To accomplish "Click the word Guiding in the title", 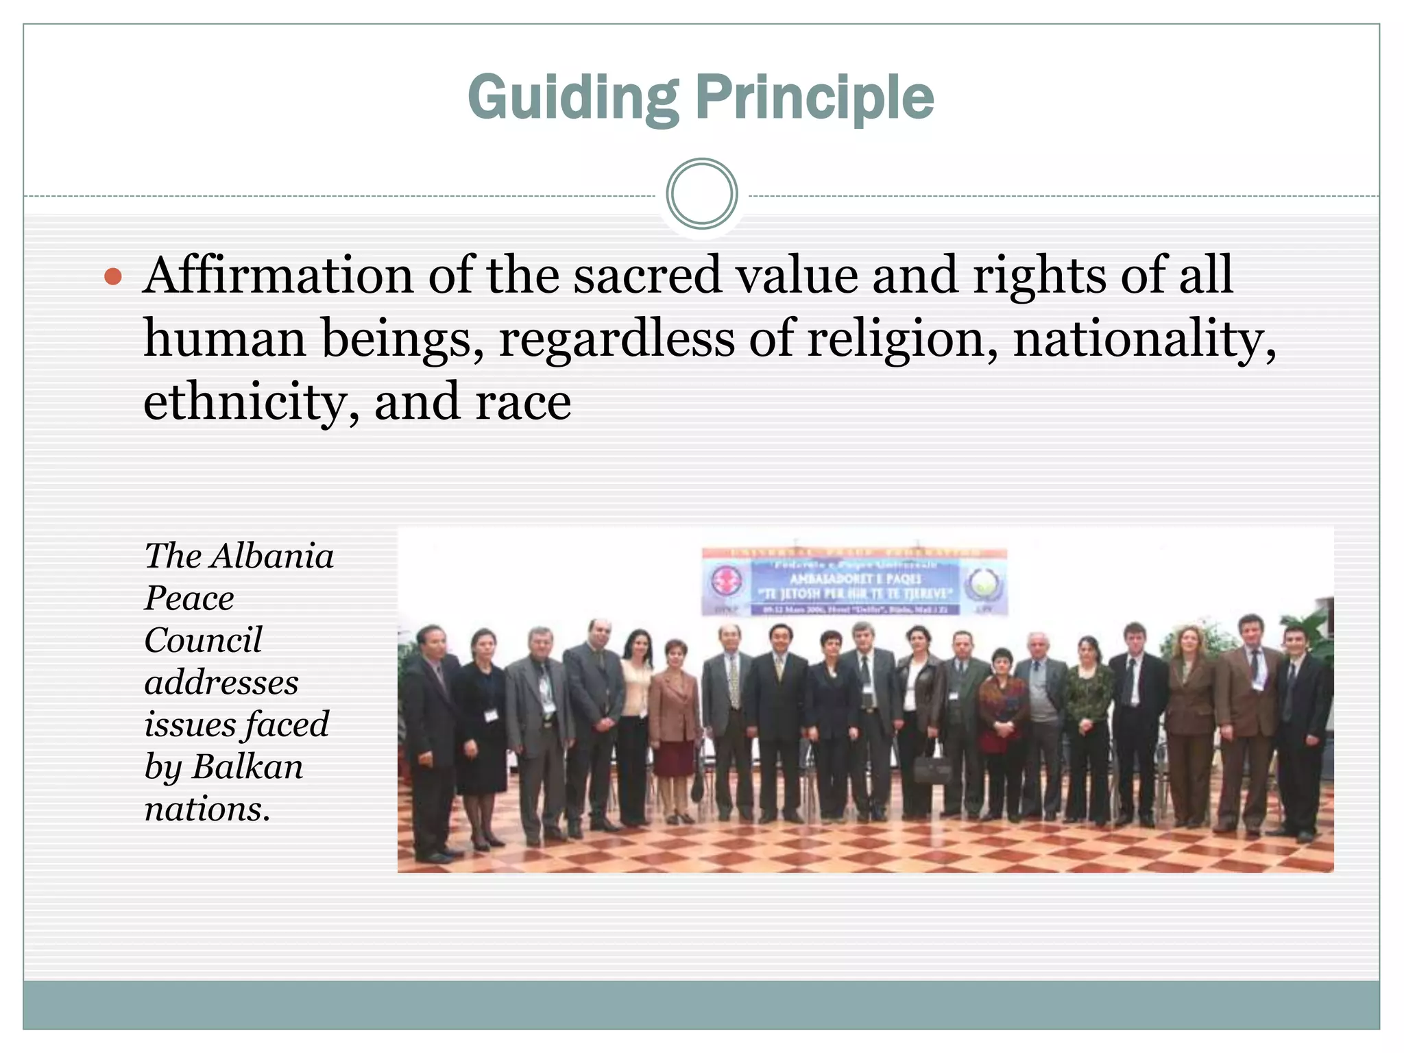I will click(573, 98).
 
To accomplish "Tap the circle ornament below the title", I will click(701, 194).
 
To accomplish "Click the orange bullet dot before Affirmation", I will click(113, 277).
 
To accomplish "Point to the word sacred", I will click(647, 276).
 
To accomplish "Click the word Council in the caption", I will click(203, 640).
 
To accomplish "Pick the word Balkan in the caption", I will click(247, 766).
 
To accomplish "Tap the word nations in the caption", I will click(206, 809).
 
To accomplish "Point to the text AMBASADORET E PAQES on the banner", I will click(855, 579).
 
